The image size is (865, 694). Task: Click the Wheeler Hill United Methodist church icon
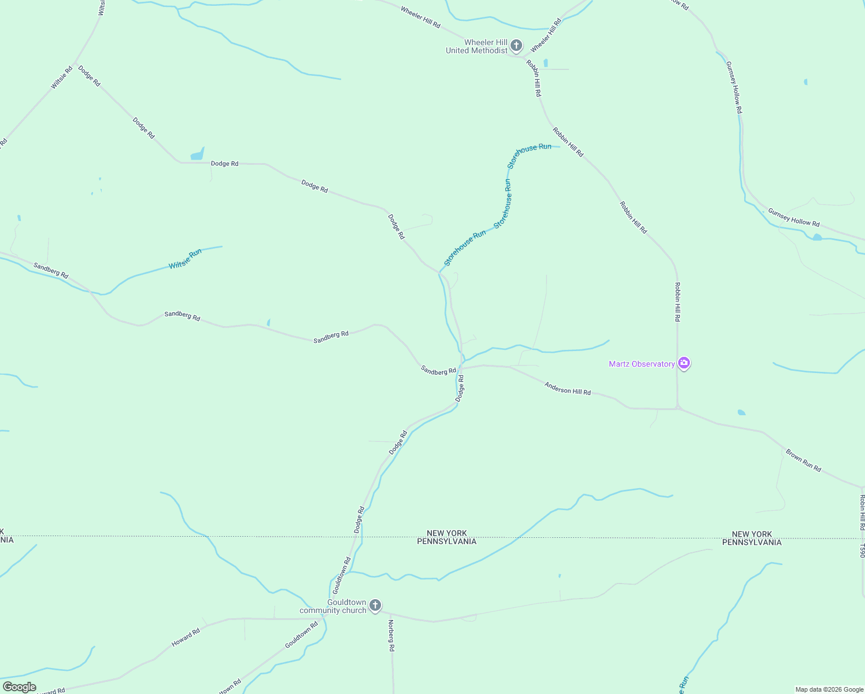(516, 45)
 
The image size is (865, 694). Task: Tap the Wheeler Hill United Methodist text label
(477, 46)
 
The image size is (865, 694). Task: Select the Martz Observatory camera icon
(684, 363)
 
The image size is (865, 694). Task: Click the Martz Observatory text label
(641, 364)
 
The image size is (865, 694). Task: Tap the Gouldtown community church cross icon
(375, 606)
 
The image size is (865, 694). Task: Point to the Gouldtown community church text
(333, 606)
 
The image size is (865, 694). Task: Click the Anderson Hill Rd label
(567, 389)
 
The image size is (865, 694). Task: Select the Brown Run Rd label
(803, 460)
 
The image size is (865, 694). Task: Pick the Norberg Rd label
(391, 636)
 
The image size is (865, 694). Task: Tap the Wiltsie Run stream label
(185, 259)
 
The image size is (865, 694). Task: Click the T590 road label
(861, 551)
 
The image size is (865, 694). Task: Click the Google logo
(19, 687)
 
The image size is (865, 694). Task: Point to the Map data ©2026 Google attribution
(829, 689)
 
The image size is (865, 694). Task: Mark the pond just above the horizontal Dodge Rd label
(197, 154)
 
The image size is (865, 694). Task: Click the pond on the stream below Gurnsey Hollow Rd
(816, 237)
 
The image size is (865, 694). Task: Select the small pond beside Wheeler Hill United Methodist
(545, 62)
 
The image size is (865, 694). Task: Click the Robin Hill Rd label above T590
(862, 512)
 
